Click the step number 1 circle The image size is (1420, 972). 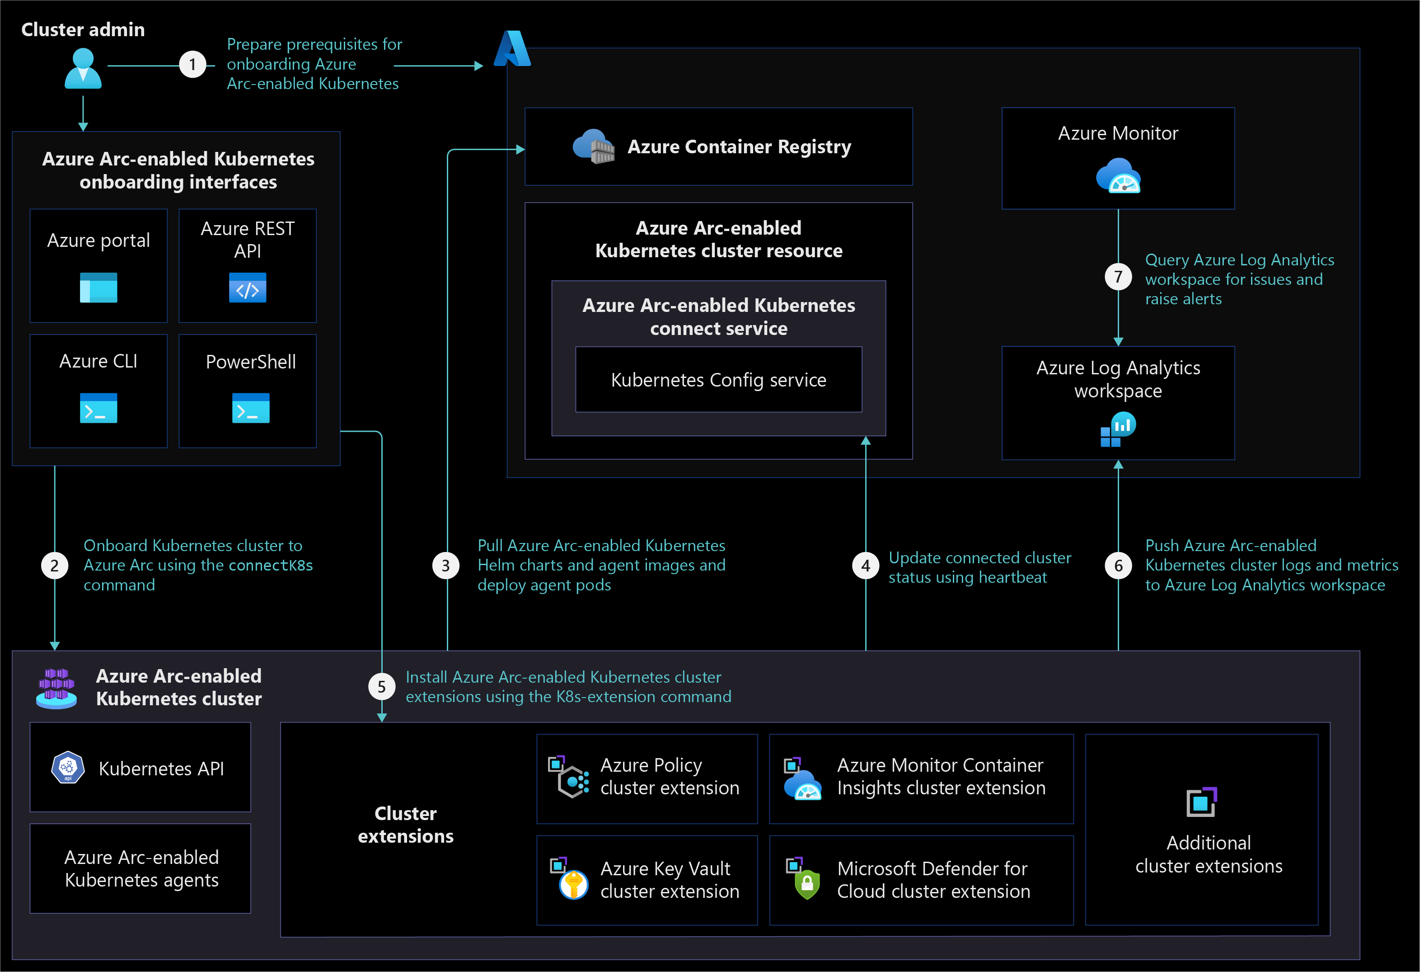coord(192,64)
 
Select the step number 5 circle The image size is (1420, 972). coord(381,687)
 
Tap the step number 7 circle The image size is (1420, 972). coord(1118,276)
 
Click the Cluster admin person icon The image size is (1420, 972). coord(83,68)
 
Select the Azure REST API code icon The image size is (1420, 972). coord(248,288)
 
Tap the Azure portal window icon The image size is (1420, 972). coord(98,288)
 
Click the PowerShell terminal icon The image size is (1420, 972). coord(250,408)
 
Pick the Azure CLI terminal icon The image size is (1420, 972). coord(98,408)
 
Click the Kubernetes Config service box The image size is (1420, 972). coord(718,380)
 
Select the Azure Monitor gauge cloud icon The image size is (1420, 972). coord(1118,175)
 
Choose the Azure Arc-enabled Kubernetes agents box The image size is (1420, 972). coord(141,868)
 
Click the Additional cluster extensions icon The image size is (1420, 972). coord(1202,802)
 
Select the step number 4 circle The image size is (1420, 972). coord(865,566)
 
